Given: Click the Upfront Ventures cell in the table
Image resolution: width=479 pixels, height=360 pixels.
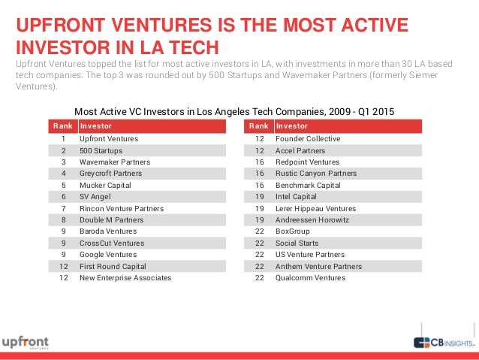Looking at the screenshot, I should pos(108,139).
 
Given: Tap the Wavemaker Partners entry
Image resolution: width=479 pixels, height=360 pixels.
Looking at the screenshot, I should pos(115,162).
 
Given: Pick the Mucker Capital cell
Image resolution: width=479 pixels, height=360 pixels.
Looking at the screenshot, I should pos(105,185).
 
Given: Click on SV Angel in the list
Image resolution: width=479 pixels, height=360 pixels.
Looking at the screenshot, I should pos(95,197).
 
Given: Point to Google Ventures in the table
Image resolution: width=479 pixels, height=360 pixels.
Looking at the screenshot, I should pos(108,255).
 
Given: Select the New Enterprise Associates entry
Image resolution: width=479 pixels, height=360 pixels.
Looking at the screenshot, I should pos(125,278).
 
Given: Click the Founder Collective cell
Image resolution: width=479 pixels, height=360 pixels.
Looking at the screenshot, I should pos(308,139).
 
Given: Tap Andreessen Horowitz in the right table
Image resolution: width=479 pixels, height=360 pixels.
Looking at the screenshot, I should pos(313,220).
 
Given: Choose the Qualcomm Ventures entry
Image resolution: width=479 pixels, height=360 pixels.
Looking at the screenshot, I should pos(310,278).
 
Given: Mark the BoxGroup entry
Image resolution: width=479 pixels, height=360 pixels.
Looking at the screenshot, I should pos(292,231).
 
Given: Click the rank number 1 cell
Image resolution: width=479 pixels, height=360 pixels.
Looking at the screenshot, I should pos(63,139).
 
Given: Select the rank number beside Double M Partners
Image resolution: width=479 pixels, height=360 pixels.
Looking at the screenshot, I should pos(63,220).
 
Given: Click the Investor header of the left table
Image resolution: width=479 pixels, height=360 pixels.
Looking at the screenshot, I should pos(96,126).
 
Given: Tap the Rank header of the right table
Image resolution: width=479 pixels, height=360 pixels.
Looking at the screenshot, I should pos(258,126).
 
